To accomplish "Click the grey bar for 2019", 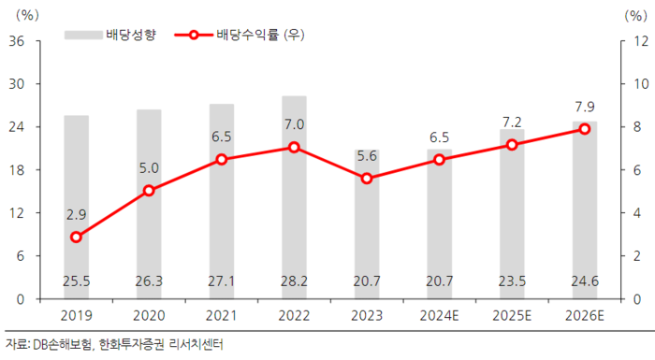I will click(77, 206).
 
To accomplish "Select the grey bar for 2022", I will click(294, 196).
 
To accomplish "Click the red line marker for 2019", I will click(77, 237).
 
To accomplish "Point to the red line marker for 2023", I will click(367, 179).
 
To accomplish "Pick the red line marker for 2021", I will click(222, 159).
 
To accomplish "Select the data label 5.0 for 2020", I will click(150, 168).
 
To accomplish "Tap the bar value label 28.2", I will click(294, 280).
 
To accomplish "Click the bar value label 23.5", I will click(512, 280).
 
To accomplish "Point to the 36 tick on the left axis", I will click(16, 41).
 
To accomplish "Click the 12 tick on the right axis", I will click(641, 41).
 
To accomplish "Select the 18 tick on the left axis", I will click(16, 170).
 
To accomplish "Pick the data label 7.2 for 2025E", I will click(512, 122).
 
